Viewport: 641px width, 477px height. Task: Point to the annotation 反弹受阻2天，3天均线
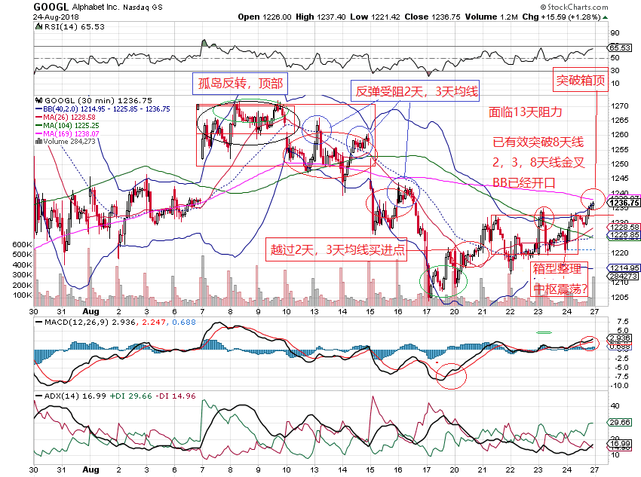coord(416,92)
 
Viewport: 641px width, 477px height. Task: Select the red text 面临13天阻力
coord(525,112)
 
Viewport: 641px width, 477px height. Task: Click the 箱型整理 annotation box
coord(557,269)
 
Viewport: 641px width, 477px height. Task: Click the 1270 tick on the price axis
coord(620,105)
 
